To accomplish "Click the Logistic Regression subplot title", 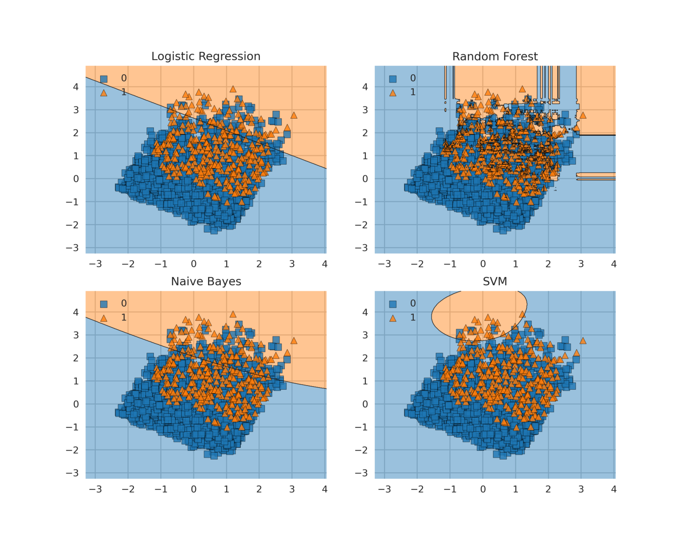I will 206,57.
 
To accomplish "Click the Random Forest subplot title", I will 495,57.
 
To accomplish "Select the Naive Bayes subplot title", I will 206,282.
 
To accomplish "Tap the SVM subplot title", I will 495,282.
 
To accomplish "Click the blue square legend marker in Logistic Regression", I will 104,79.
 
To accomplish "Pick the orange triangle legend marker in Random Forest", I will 393,92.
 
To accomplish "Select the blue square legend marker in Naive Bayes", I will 104,304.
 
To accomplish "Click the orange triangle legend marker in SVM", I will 393,318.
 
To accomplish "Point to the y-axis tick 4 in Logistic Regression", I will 76,87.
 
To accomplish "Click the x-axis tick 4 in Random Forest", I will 614,264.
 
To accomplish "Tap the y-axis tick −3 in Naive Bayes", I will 72,473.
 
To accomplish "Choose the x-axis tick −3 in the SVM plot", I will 385,489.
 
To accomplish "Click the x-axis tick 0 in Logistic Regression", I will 193,264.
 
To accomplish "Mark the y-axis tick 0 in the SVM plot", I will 365,404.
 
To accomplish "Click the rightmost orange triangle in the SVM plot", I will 582,341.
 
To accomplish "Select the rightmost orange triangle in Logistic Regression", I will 294,115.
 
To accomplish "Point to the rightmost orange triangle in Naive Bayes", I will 294,341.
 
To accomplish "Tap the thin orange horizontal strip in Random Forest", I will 596,175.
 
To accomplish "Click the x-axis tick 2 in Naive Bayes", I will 259,489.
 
